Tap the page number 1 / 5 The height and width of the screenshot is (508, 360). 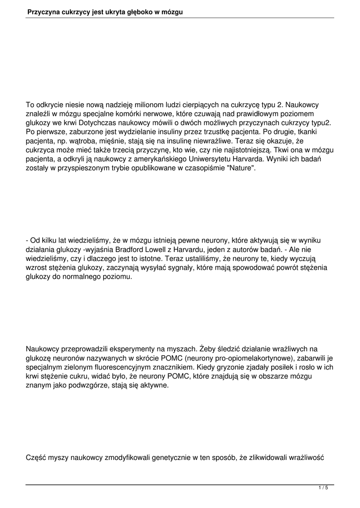tap(323, 488)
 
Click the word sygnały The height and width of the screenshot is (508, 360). tap(179, 268)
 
